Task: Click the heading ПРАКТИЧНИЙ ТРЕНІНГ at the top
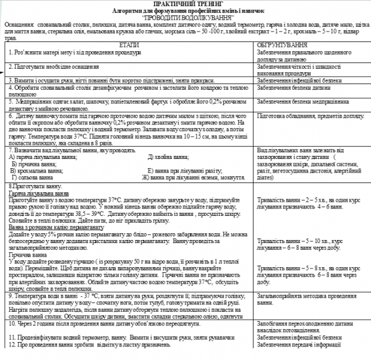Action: (185, 4)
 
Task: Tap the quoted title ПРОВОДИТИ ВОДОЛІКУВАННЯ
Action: (185, 17)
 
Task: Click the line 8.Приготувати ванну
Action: (32, 186)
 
